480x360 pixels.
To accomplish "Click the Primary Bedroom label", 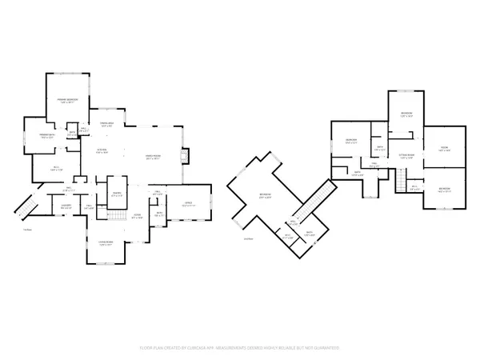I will (x=66, y=98).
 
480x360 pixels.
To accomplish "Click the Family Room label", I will (x=154, y=156).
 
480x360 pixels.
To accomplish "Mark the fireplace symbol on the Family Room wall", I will (x=186, y=155).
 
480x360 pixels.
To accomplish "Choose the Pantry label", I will (x=116, y=193).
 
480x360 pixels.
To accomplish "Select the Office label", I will (x=187, y=204).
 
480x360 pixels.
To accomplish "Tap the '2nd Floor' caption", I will (x=246, y=238).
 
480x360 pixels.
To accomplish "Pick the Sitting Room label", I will (x=406, y=155).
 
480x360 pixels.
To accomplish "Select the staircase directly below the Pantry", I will (x=117, y=219).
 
